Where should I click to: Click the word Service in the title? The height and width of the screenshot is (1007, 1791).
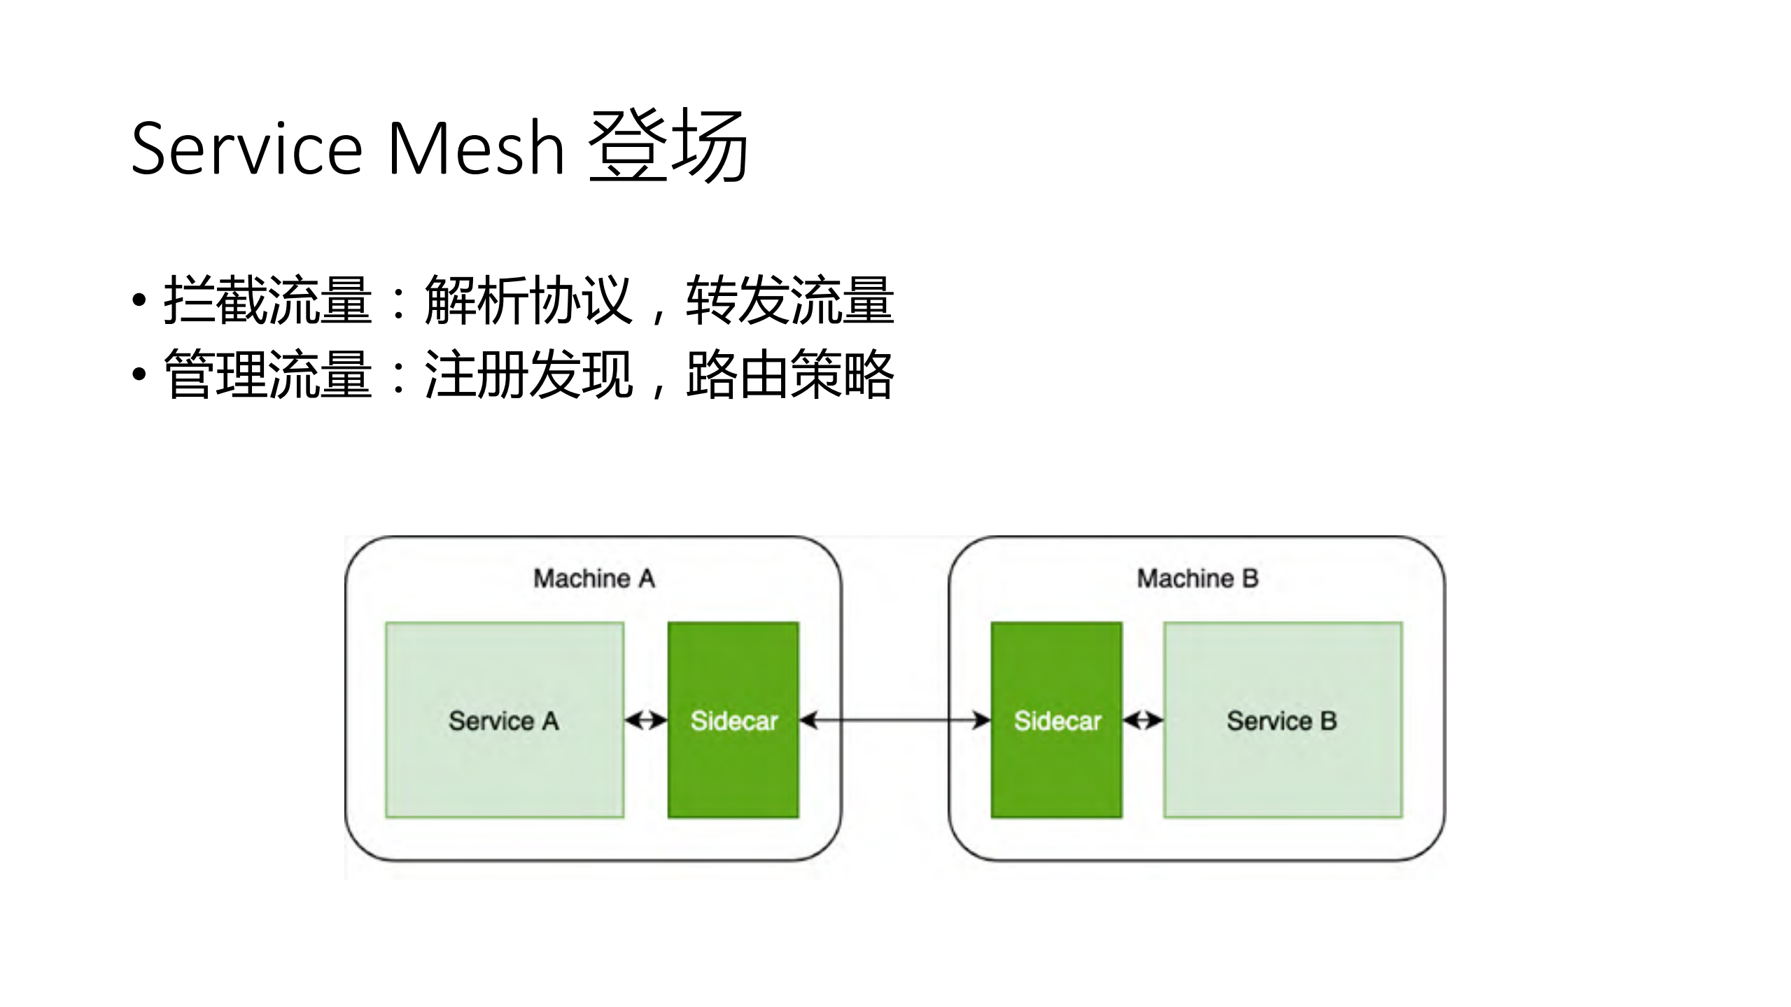coord(246,148)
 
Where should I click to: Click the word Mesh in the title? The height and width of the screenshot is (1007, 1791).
coord(475,148)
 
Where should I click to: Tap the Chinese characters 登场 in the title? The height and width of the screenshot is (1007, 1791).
coord(668,147)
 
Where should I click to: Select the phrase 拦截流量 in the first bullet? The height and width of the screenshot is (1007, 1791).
coord(267,300)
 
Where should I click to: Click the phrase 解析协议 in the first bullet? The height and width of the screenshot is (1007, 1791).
coord(528,300)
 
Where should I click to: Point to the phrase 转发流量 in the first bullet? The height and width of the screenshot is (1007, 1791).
coord(789,300)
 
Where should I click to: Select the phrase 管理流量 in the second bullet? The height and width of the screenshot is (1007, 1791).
coord(267,375)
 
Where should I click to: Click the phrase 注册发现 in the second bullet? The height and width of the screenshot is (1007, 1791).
coord(528,375)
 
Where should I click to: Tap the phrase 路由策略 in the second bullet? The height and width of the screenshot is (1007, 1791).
coord(789,375)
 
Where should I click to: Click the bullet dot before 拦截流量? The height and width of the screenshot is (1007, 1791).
coord(139,300)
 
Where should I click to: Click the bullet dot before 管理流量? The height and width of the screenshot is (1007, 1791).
coord(139,375)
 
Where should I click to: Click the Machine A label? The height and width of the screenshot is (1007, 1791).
coord(594,579)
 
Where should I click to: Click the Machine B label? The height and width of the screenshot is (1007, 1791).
coord(1197,579)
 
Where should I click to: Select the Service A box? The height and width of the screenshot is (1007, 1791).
coord(504,720)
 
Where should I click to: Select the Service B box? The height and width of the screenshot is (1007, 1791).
coord(1282,720)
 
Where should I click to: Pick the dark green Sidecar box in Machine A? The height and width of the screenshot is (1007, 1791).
coord(733,720)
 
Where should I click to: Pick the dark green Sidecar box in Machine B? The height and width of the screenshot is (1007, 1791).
coord(1056,720)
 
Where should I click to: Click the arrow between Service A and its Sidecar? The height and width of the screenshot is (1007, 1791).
coord(645,720)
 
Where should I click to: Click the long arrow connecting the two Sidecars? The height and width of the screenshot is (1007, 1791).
coord(894,720)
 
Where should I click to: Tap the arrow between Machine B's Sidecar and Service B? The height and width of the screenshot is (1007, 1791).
coord(1143,720)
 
